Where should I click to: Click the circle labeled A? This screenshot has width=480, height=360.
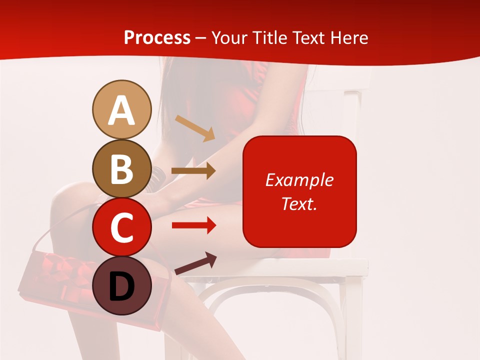(121, 109)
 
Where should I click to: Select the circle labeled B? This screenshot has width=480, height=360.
(121, 168)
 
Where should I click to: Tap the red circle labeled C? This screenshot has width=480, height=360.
(121, 227)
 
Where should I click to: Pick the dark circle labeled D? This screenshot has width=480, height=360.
(121, 285)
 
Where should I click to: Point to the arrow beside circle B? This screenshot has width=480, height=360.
(193, 170)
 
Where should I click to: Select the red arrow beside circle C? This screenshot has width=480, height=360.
(193, 225)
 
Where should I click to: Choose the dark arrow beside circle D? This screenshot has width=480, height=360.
(195, 263)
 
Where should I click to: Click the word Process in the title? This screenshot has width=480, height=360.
(157, 37)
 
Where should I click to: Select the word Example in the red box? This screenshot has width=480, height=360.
(299, 180)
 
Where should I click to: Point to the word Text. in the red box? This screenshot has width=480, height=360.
(299, 203)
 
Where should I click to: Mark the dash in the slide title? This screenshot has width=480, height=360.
(200, 38)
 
